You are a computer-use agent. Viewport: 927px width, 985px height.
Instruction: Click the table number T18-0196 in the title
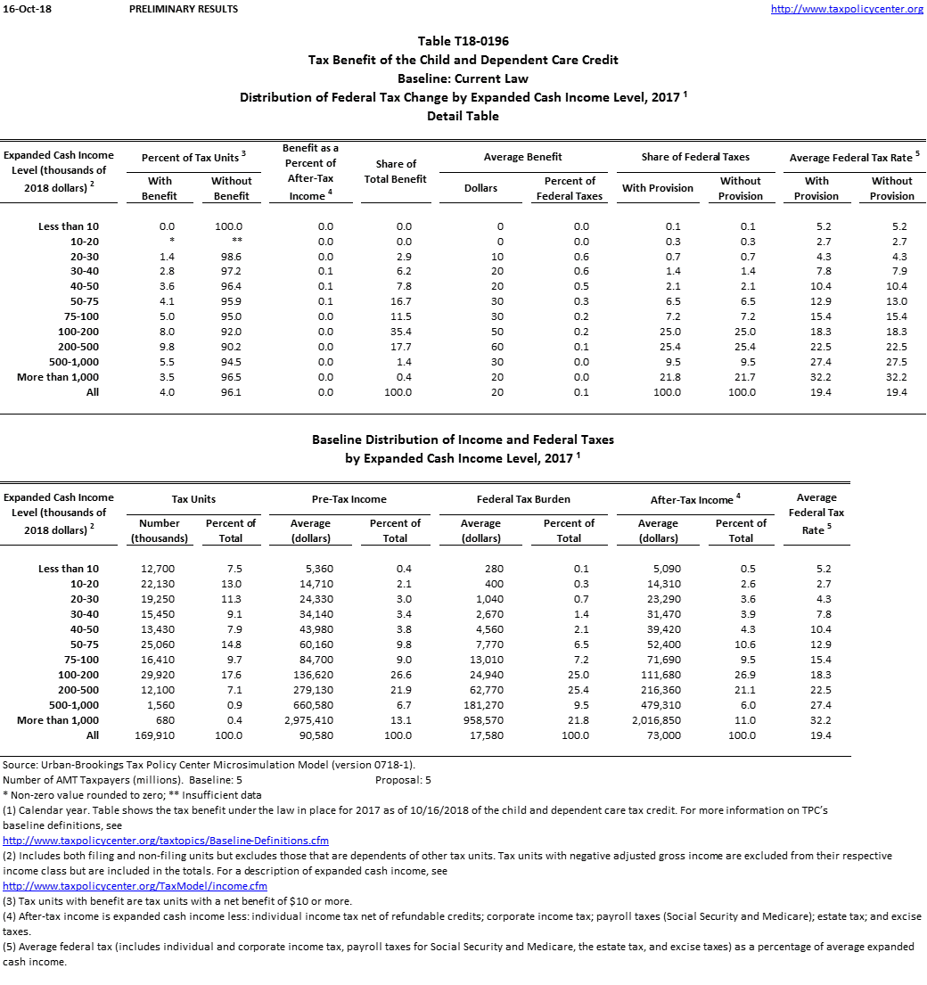463,41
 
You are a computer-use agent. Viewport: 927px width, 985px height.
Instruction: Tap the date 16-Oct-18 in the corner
21,10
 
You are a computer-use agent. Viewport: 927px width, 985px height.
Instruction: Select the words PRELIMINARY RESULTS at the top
183,10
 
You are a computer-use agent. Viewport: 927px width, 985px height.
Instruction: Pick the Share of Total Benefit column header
396,171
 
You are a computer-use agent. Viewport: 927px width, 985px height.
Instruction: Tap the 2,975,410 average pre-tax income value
311,720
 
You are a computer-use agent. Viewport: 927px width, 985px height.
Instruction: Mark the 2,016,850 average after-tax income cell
658,720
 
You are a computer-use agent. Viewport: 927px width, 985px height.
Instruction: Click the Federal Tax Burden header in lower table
523,499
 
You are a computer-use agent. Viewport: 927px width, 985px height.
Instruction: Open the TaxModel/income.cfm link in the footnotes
135,886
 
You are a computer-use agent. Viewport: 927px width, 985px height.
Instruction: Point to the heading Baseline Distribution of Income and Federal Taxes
463,439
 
